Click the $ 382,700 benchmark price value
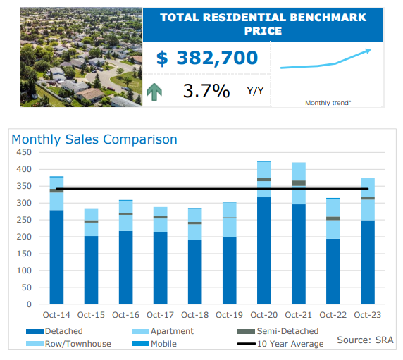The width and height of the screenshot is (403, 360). (x=206, y=58)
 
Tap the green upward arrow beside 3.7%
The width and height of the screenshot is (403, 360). (x=156, y=91)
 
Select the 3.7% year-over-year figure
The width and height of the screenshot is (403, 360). (x=206, y=91)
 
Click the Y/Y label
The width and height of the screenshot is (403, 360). (x=255, y=91)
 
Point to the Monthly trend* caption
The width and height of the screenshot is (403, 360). (x=328, y=103)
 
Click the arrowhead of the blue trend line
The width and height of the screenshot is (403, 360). (x=368, y=51)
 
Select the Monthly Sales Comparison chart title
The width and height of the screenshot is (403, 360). (x=94, y=139)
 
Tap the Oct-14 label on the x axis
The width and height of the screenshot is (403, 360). (x=57, y=314)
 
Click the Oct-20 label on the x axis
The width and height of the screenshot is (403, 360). (x=264, y=314)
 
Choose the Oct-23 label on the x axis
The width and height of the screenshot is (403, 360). (x=368, y=314)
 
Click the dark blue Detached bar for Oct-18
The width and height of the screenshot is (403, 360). (x=195, y=272)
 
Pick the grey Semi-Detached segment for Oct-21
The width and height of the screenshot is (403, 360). (x=299, y=183)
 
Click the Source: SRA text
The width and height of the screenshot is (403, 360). (x=365, y=340)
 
